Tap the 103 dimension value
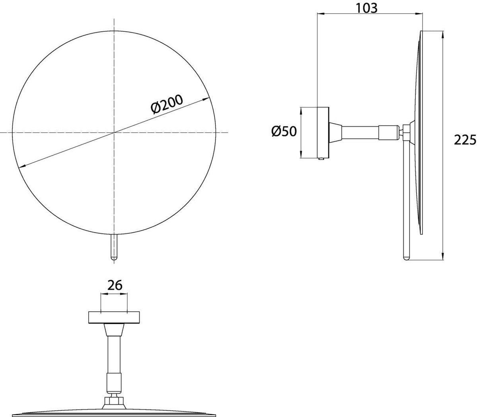pyautogui.click(x=366, y=8)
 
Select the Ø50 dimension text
pyautogui.click(x=284, y=131)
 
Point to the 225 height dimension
pyautogui.click(x=465, y=140)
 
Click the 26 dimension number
pyautogui.click(x=115, y=285)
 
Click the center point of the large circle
pyautogui.click(x=114, y=132)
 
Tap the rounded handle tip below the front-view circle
pyautogui.click(x=114, y=258)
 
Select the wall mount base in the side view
pyautogui.click(x=323, y=133)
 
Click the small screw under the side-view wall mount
pyautogui.click(x=322, y=159)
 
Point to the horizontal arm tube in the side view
pyautogui.click(x=360, y=133)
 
